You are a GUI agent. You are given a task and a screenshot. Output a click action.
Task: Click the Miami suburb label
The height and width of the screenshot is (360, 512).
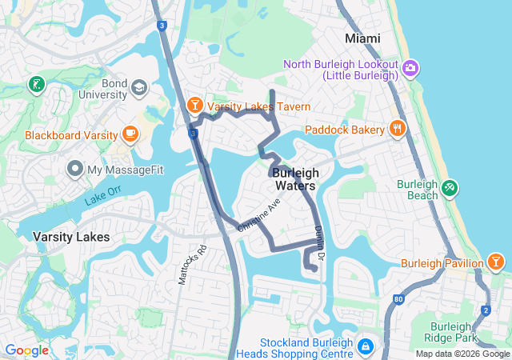coord(362,38)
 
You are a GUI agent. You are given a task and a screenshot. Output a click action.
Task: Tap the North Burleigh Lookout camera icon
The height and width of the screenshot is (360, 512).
coord(411,67)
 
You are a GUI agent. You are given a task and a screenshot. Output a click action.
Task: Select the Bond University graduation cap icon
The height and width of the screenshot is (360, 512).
coord(139,87)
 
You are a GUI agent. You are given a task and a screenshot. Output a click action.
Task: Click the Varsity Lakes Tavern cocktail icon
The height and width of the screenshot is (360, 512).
coord(194,106)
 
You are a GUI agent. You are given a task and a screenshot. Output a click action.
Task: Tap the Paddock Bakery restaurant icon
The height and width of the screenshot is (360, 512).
coord(397,129)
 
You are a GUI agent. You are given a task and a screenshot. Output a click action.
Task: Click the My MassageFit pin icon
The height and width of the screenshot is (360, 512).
coord(75,169)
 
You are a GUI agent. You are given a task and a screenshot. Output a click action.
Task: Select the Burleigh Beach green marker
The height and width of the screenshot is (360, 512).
coord(450,188)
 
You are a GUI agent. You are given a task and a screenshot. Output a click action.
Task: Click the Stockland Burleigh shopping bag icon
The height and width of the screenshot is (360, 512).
coord(365,346)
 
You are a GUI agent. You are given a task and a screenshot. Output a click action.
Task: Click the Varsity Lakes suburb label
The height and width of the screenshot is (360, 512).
coord(71,237)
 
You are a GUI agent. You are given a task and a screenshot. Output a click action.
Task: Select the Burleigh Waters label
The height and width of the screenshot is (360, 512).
coord(295,179)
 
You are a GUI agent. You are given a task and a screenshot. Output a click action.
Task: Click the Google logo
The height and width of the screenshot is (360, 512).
coord(26,350)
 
